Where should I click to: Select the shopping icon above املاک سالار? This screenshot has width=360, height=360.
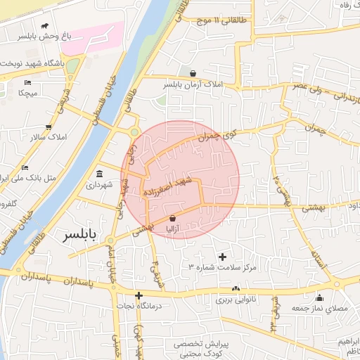(49, 127)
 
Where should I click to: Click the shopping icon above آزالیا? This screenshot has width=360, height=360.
(172, 219)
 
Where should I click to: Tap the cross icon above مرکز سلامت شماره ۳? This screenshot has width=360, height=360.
(224, 257)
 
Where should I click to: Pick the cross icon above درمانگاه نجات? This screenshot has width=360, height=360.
(139, 295)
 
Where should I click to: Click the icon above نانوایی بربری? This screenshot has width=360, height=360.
(236, 289)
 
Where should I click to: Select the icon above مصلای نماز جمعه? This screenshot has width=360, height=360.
(320, 297)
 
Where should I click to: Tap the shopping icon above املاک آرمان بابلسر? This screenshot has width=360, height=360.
(193, 73)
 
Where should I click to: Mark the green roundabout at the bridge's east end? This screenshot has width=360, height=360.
(134, 131)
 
